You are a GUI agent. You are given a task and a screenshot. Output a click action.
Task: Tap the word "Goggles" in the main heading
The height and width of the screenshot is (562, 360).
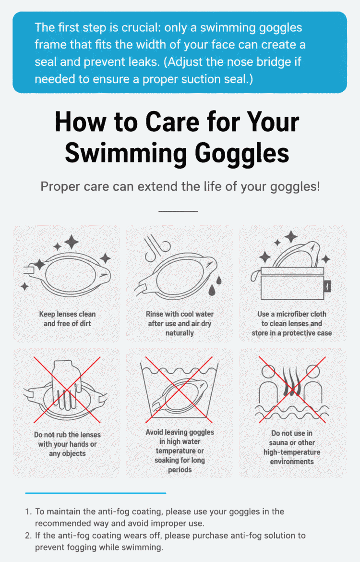(x=242, y=153)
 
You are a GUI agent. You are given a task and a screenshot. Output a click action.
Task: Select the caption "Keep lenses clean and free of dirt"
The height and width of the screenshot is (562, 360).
(x=67, y=318)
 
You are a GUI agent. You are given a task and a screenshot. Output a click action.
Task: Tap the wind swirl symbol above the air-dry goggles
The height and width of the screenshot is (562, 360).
(x=157, y=247)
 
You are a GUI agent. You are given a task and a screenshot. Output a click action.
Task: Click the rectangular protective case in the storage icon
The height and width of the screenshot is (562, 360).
(x=292, y=283)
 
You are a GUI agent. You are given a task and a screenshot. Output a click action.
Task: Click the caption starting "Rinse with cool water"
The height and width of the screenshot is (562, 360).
(x=180, y=323)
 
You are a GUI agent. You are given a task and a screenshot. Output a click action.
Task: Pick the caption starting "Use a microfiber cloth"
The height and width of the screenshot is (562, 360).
(x=291, y=323)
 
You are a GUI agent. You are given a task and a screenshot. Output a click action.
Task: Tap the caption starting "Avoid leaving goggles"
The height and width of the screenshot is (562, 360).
(x=180, y=451)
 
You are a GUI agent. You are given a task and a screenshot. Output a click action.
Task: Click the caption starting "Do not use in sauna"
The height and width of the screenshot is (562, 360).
(x=292, y=447)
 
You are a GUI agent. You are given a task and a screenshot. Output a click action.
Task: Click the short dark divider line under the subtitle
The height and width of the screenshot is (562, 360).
(x=178, y=211)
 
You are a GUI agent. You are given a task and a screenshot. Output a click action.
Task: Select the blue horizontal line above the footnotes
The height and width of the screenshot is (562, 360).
(x=96, y=493)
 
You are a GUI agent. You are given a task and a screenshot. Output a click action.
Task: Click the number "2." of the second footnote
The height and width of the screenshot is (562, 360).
(x=29, y=536)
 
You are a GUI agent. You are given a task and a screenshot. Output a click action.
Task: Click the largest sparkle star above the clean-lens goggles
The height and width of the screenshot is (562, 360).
(x=72, y=242)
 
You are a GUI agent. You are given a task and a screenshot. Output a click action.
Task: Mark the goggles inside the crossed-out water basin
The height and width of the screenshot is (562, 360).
(x=180, y=395)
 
